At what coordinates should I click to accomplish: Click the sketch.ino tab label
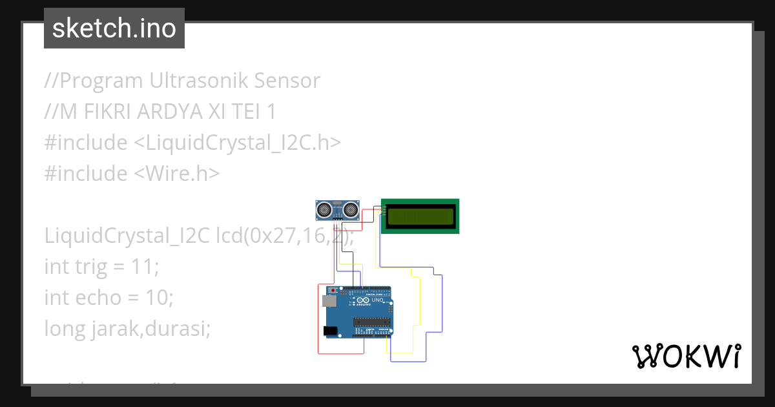(114, 28)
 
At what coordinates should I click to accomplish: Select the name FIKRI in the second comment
(107, 112)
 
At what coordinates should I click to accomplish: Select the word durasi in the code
(178, 329)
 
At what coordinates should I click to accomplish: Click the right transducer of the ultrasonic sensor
(351, 209)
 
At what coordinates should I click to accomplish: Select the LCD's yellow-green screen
(420, 216)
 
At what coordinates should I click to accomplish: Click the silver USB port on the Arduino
(328, 301)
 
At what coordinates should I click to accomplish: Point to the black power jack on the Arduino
(330, 331)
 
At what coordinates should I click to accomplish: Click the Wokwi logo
(686, 356)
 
